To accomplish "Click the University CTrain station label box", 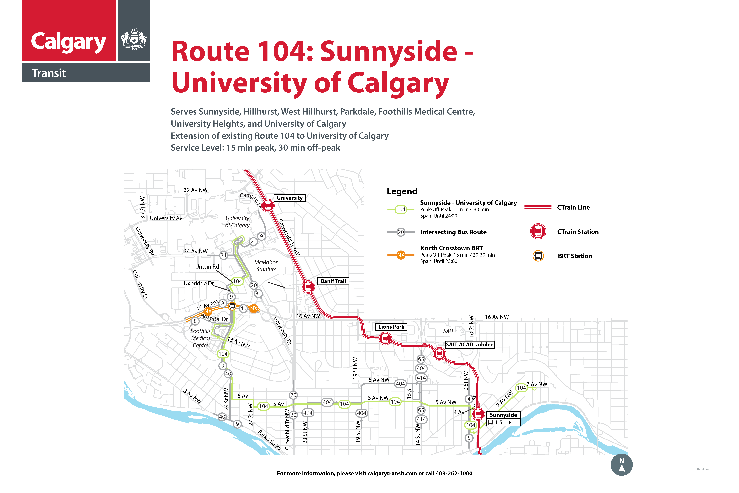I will [x=289, y=198].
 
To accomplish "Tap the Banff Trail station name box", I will [x=333, y=281].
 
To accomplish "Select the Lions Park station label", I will [x=391, y=327].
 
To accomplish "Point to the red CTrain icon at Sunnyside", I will [x=478, y=414].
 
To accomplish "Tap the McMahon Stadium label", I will [x=266, y=266].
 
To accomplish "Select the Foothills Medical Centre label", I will [x=200, y=338].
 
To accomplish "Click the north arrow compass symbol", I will [x=621, y=465].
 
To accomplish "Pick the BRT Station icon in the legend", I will [x=538, y=256].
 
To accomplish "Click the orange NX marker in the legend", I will [x=401, y=255].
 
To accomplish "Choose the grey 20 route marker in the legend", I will [x=401, y=232].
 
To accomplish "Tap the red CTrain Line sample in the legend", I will [x=538, y=207].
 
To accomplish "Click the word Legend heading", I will [x=402, y=191].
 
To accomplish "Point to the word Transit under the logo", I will [x=49, y=73].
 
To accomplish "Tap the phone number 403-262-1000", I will [x=454, y=473].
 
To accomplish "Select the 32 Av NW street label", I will [x=195, y=190].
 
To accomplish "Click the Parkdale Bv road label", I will [x=269, y=440].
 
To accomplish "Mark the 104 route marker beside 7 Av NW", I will [x=521, y=388].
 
